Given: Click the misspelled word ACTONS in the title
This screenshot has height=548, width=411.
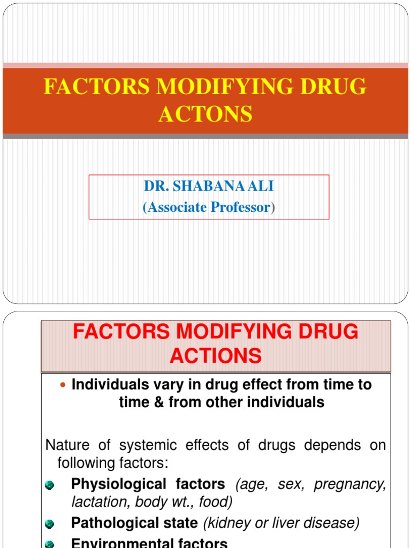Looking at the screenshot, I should click(205, 114).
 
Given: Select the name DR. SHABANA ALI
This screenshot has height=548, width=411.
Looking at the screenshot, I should click(209, 186).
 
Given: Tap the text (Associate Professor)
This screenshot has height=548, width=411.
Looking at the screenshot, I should click(209, 208).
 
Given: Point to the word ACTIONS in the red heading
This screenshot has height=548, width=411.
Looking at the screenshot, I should click(216, 355).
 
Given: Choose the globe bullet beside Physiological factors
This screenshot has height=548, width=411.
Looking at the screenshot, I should click(50, 485).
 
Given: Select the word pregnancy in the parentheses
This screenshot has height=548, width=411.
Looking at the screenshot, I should click(349, 484).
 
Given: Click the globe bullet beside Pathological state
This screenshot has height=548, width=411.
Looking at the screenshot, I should click(50, 524).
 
